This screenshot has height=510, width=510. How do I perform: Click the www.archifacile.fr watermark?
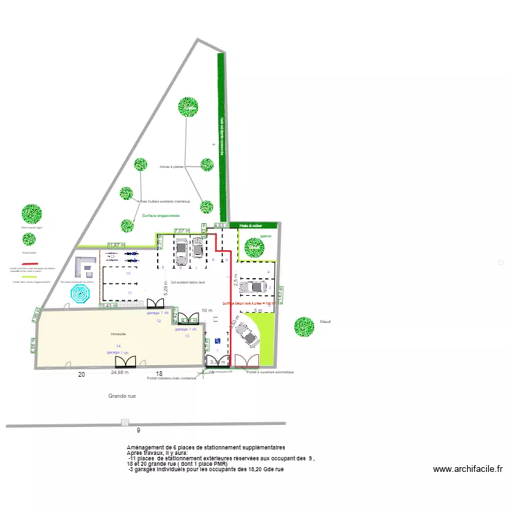(467, 469)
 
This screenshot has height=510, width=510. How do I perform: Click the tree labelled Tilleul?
(304, 327)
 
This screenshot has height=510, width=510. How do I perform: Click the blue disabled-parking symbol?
(218, 341)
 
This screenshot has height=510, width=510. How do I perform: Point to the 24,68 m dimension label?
(119, 373)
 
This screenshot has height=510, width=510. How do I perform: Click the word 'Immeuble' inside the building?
(119, 335)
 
